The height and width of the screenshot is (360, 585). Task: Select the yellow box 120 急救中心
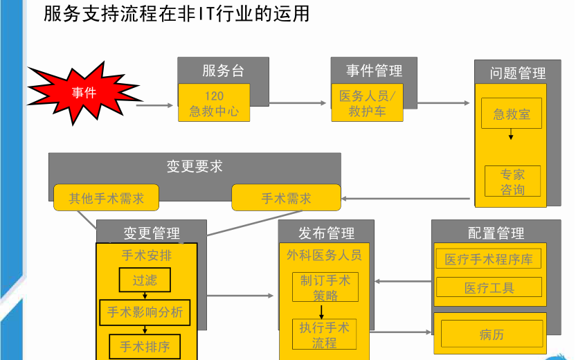(213, 103)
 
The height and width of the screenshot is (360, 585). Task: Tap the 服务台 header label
(223, 71)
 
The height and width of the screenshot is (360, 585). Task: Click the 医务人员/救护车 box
(367, 103)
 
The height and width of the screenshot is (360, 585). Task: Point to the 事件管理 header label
(374, 71)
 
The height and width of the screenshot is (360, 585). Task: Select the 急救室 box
(512, 114)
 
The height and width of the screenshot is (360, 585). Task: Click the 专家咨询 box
(512, 181)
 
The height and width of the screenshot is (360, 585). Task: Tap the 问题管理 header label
(517, 73)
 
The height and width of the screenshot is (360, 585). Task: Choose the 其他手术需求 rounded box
(107, 198)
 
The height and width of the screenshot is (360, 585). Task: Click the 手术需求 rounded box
(286, 198)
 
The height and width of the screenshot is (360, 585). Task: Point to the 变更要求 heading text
(195, 166)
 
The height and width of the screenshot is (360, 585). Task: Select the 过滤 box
(145, 280)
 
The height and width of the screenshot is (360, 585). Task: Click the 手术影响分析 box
(145, 312)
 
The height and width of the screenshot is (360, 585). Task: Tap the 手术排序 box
(145, 345)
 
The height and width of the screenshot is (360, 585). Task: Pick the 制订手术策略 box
(325, 287)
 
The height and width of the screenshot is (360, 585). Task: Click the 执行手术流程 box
(324, 334)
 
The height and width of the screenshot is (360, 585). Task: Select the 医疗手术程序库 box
(489, 260)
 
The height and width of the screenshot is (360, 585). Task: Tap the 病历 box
(492, 334)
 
